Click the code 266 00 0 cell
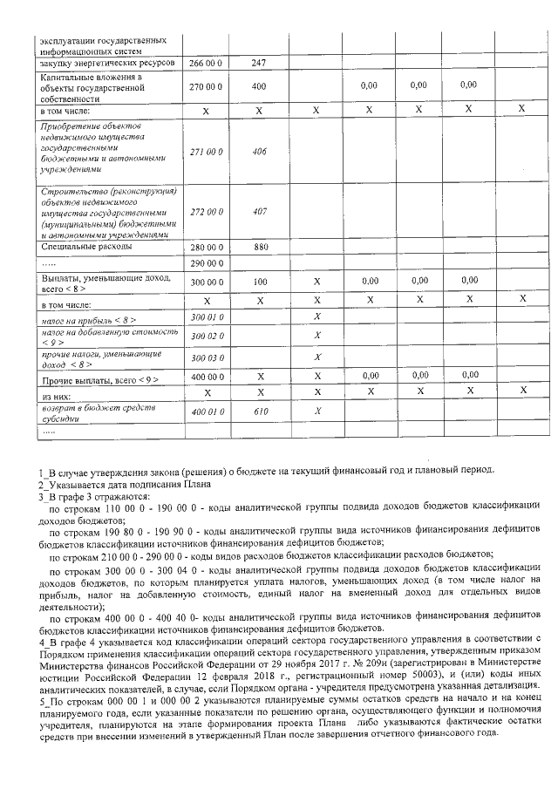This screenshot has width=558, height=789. tap(207, 63)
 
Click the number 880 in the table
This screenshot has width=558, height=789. tap(259, 247)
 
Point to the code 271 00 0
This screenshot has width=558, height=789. tap(207, 151)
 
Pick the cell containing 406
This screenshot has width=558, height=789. tap(259, 151)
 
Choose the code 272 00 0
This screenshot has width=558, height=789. tap(207, 211)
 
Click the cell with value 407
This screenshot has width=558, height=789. tap(259, 211)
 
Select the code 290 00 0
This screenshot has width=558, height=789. tap(207, 262)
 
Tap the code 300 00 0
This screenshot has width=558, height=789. tap(207, 282)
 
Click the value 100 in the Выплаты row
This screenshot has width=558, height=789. tap(259, 282)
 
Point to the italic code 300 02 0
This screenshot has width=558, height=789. tap(207, 335)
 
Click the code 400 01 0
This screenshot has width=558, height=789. tap(207, 412)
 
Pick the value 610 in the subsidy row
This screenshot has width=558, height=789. tap(259, 412)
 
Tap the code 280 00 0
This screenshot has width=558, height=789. tap(207, 247)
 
